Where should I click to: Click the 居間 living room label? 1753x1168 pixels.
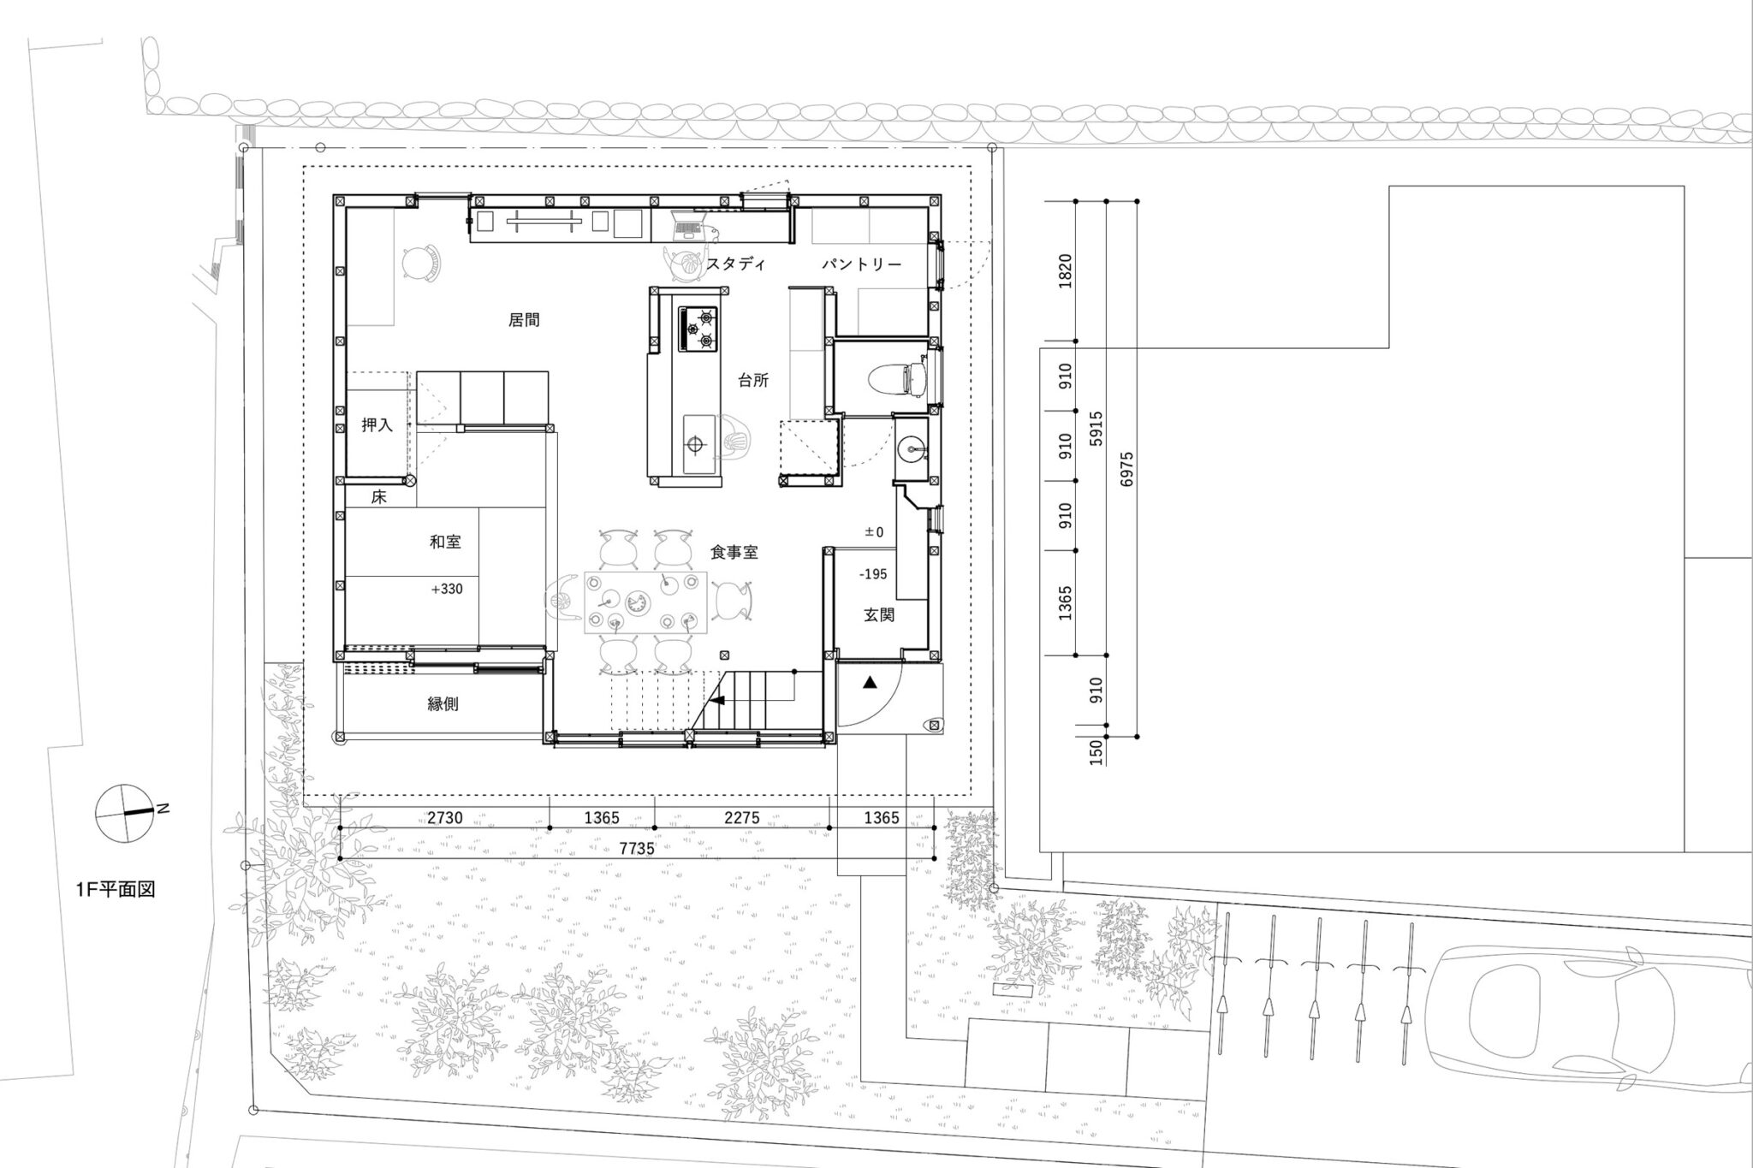(x=524, y=321)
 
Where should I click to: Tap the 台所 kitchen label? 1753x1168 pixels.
(x=753, y=382)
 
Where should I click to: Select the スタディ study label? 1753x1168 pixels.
(x=735, y=264)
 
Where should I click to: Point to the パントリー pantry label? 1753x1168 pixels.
(x=862, y=264)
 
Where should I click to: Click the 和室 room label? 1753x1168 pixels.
(x=445, y=542)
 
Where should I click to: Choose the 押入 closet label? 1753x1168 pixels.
(x=377, y=425)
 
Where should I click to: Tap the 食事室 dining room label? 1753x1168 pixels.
(x=734, y=553)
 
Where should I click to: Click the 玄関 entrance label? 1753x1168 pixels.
(x=878, y=614)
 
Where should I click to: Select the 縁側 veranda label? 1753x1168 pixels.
(x=443, y=704)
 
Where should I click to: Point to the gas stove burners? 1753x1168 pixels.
(x=698, y=329)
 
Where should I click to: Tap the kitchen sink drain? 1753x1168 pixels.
(x=694, y=444)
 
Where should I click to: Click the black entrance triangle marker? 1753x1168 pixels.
(x=871, y=683)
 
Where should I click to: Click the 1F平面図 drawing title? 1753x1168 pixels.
(x=116, y=890)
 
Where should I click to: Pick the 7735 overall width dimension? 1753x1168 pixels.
(x=636, y=849)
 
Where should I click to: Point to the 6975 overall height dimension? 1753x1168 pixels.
(x=1126, y=470)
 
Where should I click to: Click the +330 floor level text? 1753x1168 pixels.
(x=448, y=589)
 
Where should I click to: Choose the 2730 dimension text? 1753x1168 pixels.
(x=445, y=818)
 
